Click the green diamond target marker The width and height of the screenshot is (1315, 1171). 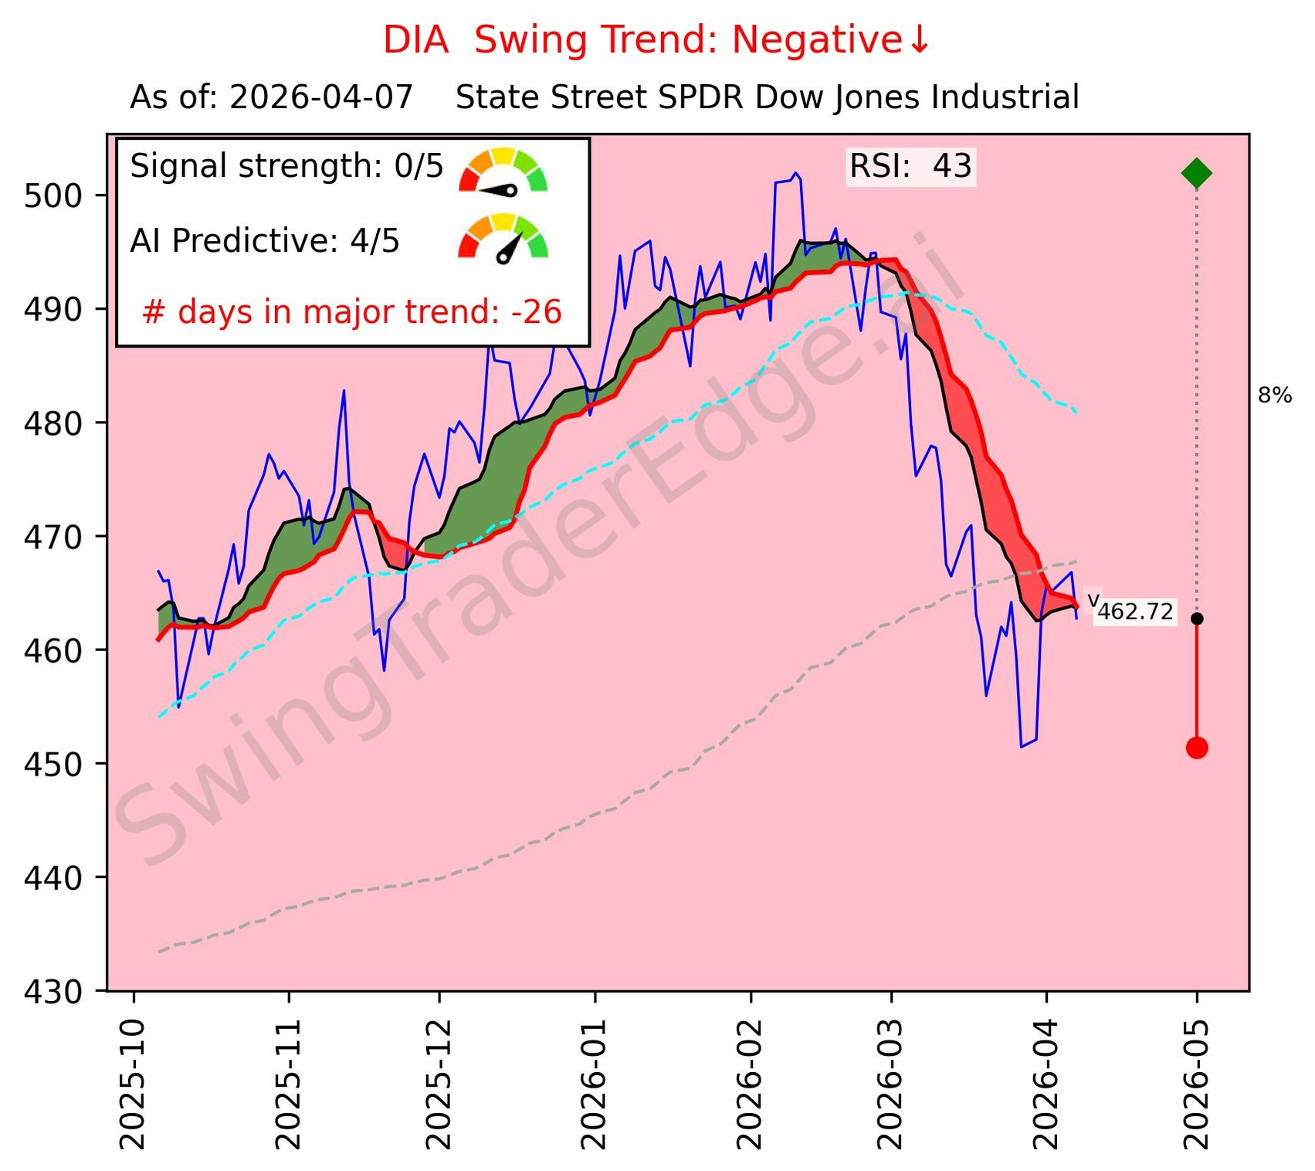1196,173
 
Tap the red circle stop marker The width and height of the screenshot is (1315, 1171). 1196,747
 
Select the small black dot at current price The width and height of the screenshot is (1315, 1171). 1196,619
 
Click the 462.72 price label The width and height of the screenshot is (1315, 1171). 1134,613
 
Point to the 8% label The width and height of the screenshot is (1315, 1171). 1274,396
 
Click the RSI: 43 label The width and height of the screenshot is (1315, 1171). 910,167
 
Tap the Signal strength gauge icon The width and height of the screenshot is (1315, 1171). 503,171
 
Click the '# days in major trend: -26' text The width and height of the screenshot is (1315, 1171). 352,312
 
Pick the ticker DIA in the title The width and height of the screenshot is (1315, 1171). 416,40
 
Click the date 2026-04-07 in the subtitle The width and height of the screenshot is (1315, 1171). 321,98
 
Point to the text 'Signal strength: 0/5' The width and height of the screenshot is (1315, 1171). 286,167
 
